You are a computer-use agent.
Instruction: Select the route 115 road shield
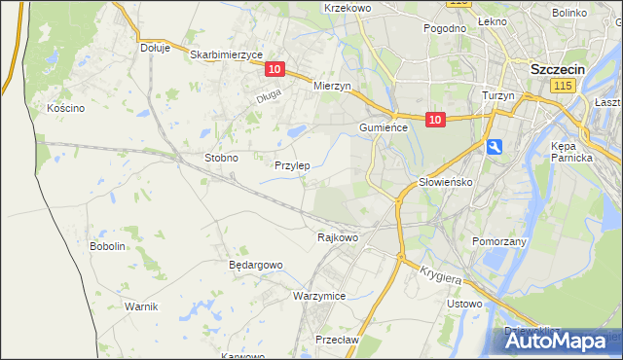561,87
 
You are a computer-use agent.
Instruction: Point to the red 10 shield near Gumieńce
435,120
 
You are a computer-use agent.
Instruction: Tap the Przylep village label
292,165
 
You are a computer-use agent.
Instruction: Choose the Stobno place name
221,157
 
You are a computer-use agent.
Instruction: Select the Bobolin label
108,246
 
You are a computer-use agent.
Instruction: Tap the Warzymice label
319,295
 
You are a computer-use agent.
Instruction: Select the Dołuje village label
155,47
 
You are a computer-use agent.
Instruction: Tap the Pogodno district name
445,28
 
